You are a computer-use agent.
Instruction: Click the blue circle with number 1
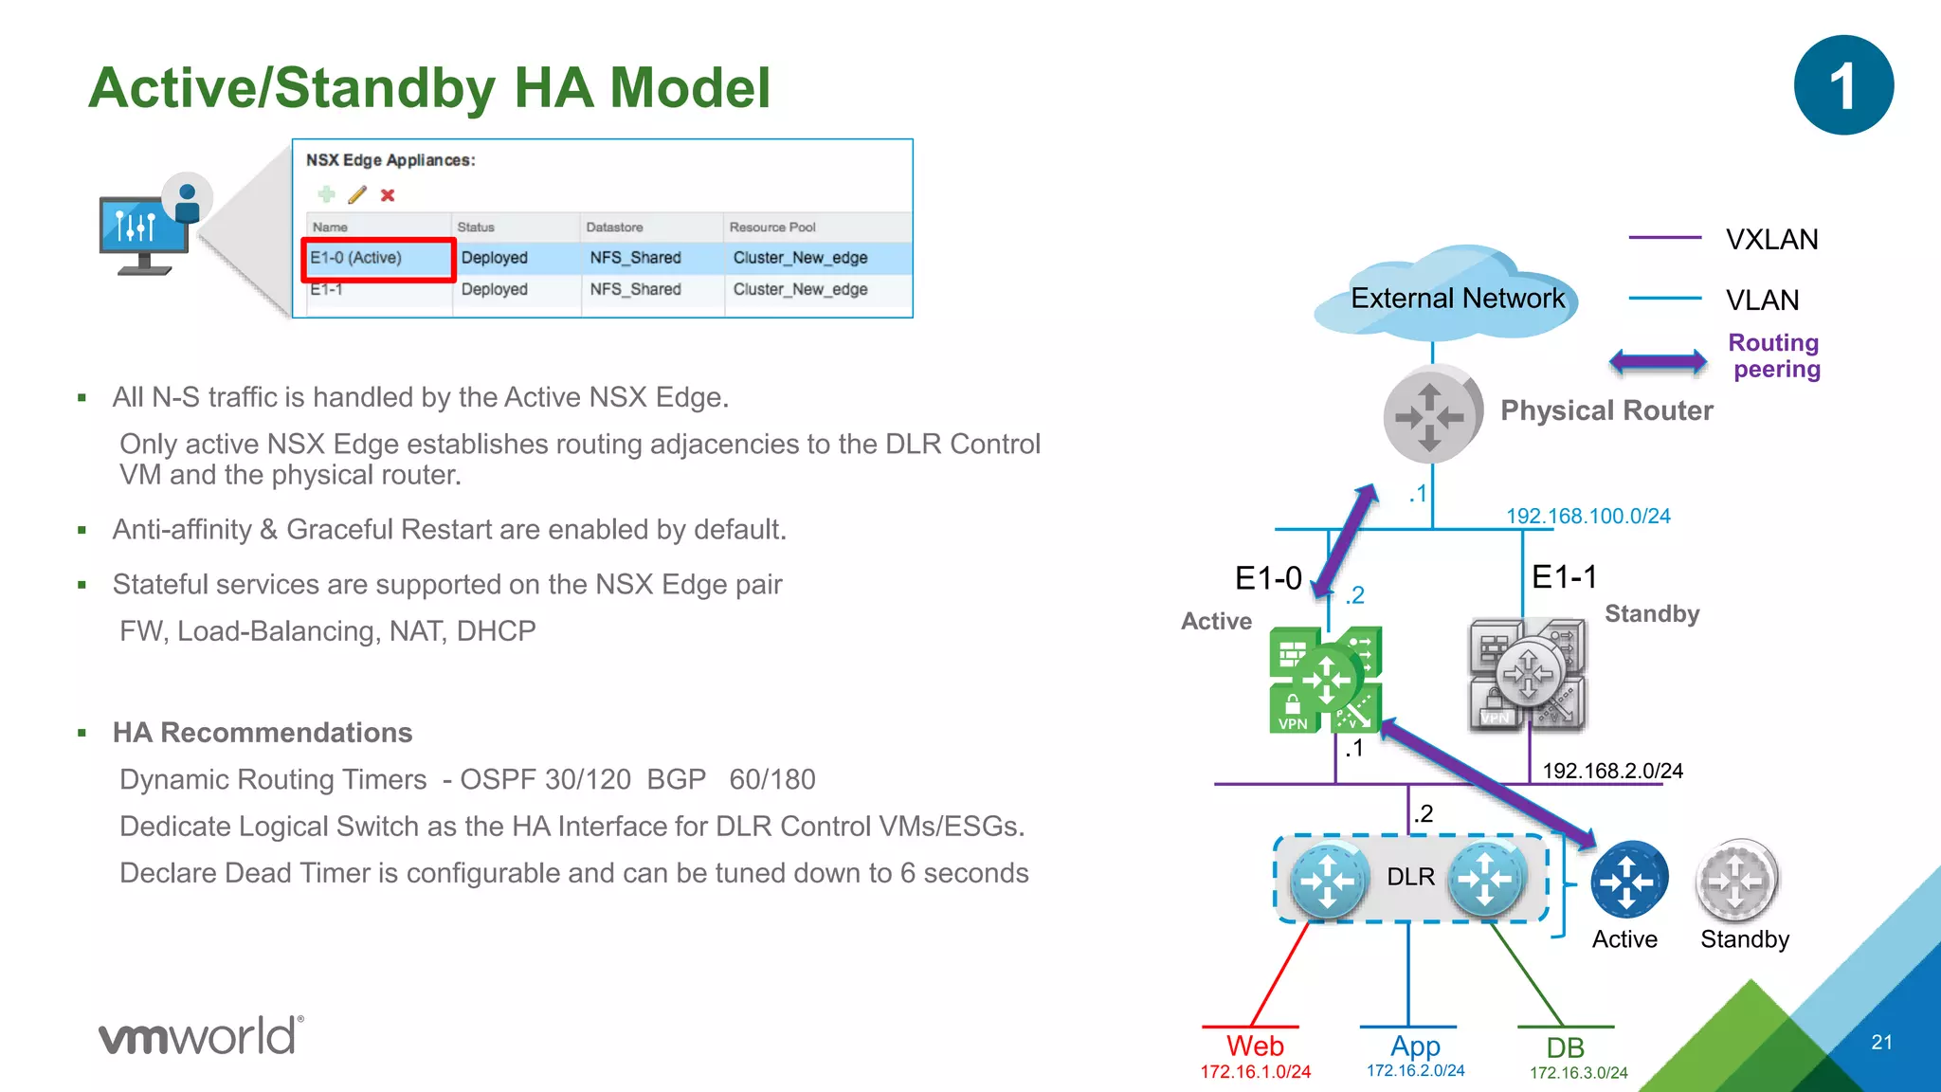point(1843,85)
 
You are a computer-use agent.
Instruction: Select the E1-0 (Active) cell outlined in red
point(378,258)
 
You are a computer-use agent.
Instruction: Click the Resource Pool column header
point(771,227)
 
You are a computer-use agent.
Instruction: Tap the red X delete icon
point(388,195)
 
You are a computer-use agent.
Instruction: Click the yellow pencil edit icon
point(357,195)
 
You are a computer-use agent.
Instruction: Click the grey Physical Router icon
point(1431,415)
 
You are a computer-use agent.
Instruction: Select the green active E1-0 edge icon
point(1325,679)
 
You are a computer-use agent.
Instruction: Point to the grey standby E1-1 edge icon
point(1527,674)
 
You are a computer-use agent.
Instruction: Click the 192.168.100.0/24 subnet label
point(1587,516)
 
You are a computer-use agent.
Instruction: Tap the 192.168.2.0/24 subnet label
point(1612,771)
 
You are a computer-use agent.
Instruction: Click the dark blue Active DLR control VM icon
point(1628,880)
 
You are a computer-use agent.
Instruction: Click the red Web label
point(1255,1046)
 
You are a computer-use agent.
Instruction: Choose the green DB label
point(1565,1047)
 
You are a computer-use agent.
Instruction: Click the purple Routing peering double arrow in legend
point(1658,360)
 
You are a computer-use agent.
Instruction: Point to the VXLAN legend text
point(1771,240)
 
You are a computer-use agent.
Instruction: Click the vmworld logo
point(201,1035)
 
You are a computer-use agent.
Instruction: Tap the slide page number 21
point(1881,1042)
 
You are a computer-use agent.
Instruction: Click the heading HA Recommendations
point(263,733)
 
